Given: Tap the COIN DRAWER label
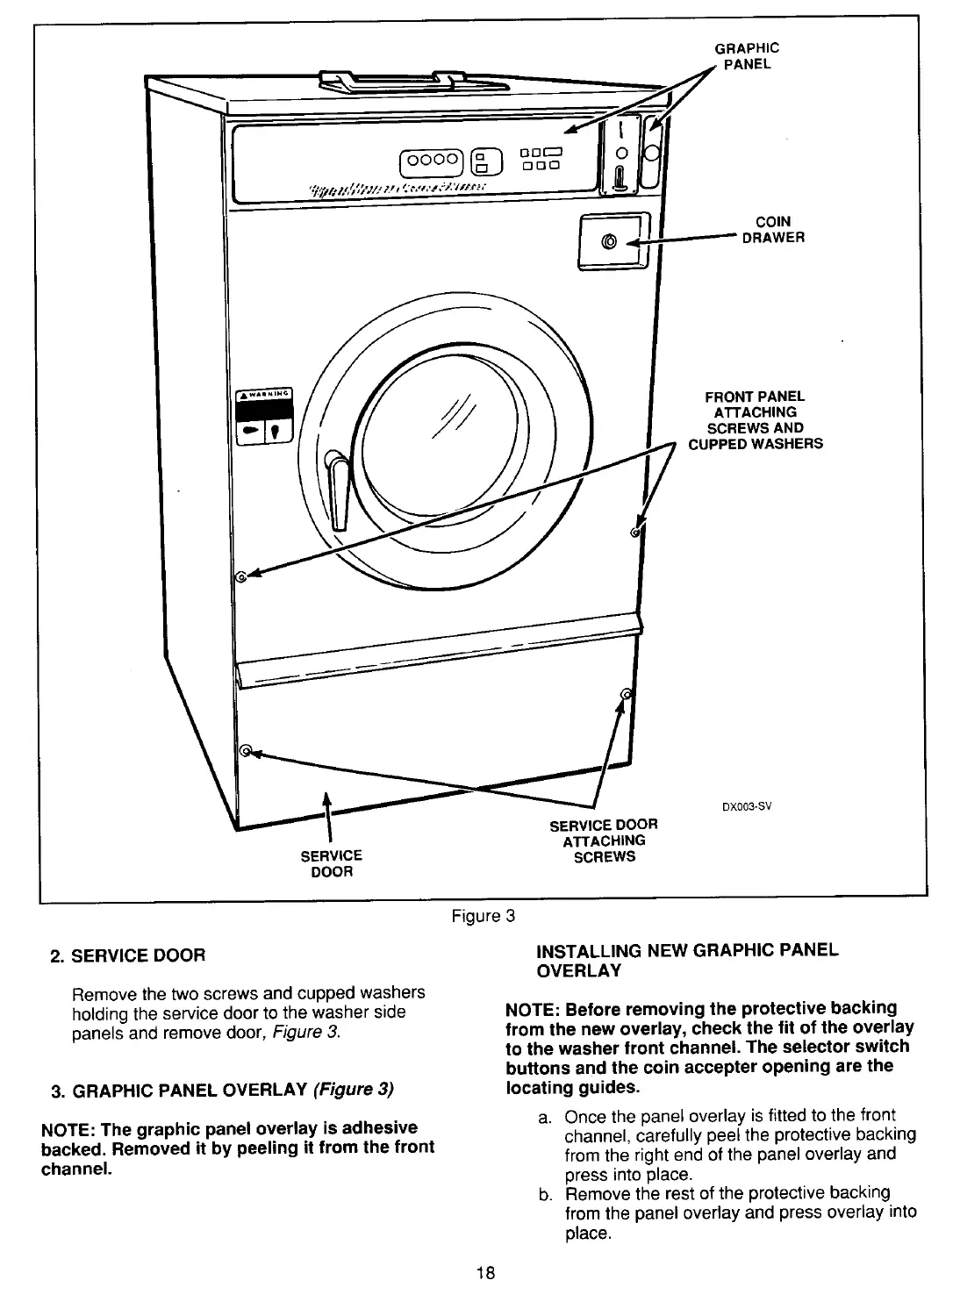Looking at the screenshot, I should click(x=772, y=230).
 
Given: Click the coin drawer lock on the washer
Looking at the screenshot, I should click(x=609, y=240).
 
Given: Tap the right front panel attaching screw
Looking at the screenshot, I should click(x=634, y=533).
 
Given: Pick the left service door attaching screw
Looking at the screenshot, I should click(x=246, y=750).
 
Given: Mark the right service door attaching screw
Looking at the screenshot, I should click(x=626, y=695).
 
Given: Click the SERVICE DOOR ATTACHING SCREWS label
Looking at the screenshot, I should click(x=603, y=840).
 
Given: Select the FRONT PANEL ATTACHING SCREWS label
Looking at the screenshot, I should click(x=755, y=420).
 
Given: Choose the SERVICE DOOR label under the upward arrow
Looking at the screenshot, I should click(x=332, y=863).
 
